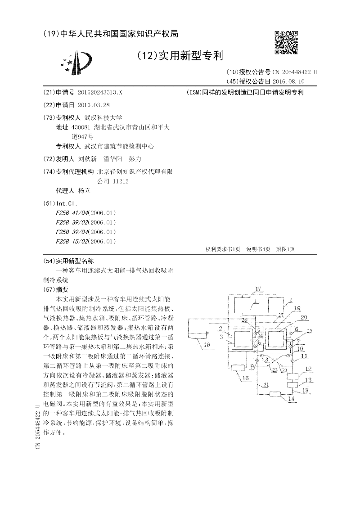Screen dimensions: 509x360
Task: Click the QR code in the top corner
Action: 286,42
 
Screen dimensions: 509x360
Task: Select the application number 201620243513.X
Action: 99,92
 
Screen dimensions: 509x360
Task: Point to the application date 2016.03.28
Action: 94,105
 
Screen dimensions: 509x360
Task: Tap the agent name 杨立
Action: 84,191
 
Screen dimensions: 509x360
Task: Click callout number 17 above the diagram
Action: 258,289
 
